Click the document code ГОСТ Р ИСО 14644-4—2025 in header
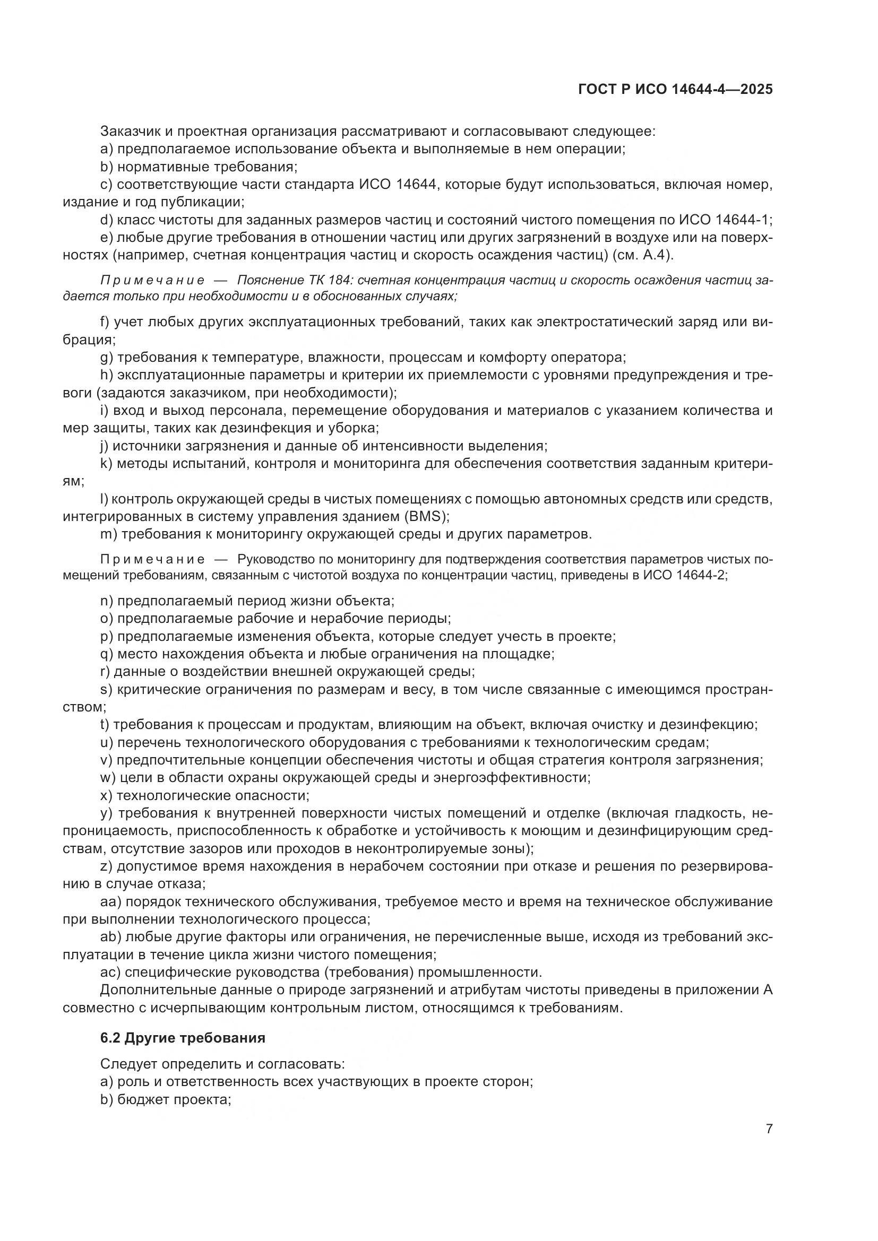(675, 90)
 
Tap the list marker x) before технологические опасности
(106, 796)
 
